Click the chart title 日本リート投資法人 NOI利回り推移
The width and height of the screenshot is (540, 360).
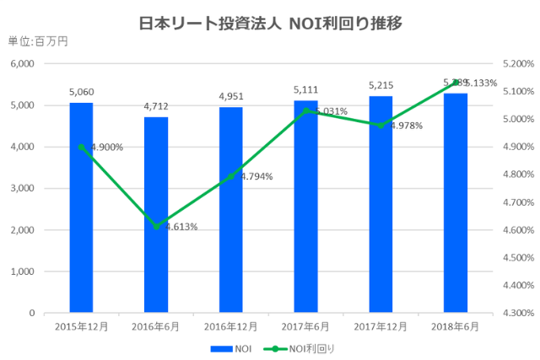[269, 23]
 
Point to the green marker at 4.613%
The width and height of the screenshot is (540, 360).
[156, 226]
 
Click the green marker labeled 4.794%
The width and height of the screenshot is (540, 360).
[231, 176]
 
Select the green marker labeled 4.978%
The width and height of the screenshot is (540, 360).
[381, 125]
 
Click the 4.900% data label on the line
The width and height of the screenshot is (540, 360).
[105, 148]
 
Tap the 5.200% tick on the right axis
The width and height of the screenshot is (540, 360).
[516, 64]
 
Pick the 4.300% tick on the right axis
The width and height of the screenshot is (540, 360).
[516, 313]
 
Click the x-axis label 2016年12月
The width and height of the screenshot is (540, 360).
[231, 325]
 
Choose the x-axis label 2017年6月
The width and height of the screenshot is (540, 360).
[305, 325]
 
